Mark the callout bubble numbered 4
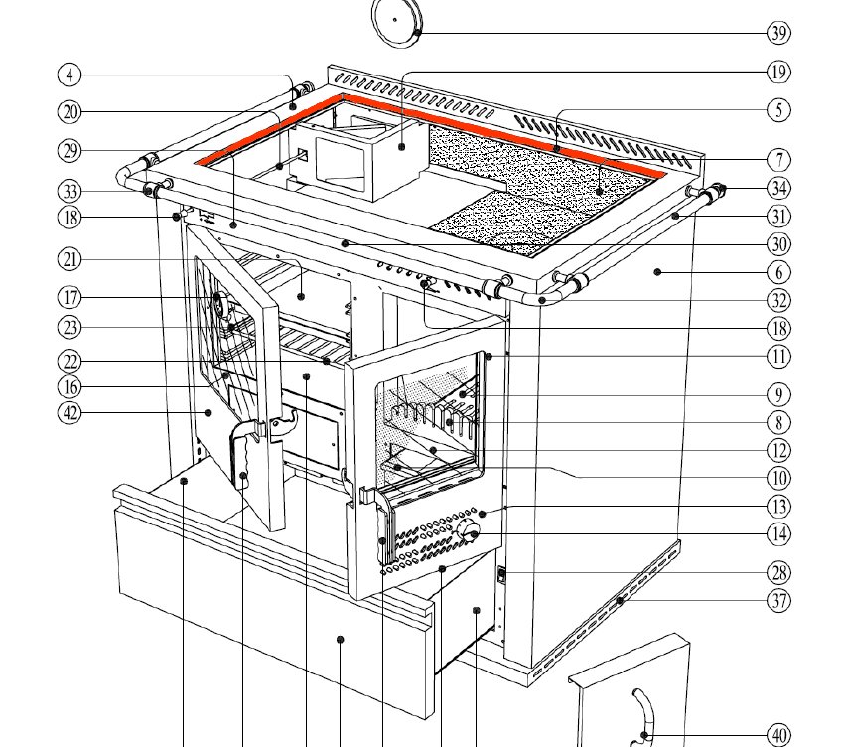(69, 75)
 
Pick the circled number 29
(69, 150)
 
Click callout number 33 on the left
(69, 190)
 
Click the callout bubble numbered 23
(69, 326)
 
